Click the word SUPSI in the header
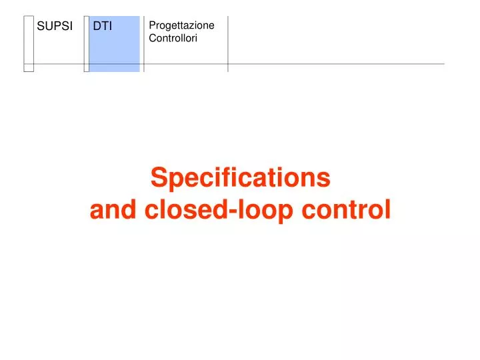click(54, 27)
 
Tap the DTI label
click(102, 27)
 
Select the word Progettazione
click(181, 25)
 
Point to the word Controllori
click(173, 39)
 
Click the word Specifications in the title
click(240, 178)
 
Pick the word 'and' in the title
click(108, 210)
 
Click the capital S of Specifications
click(158, 178)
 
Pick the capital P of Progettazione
click(152, 25)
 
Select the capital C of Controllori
click(153, 39)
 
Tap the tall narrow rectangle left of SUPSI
click(29, 39)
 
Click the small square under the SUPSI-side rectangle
click(29, 67)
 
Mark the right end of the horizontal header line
click(443, 64)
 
